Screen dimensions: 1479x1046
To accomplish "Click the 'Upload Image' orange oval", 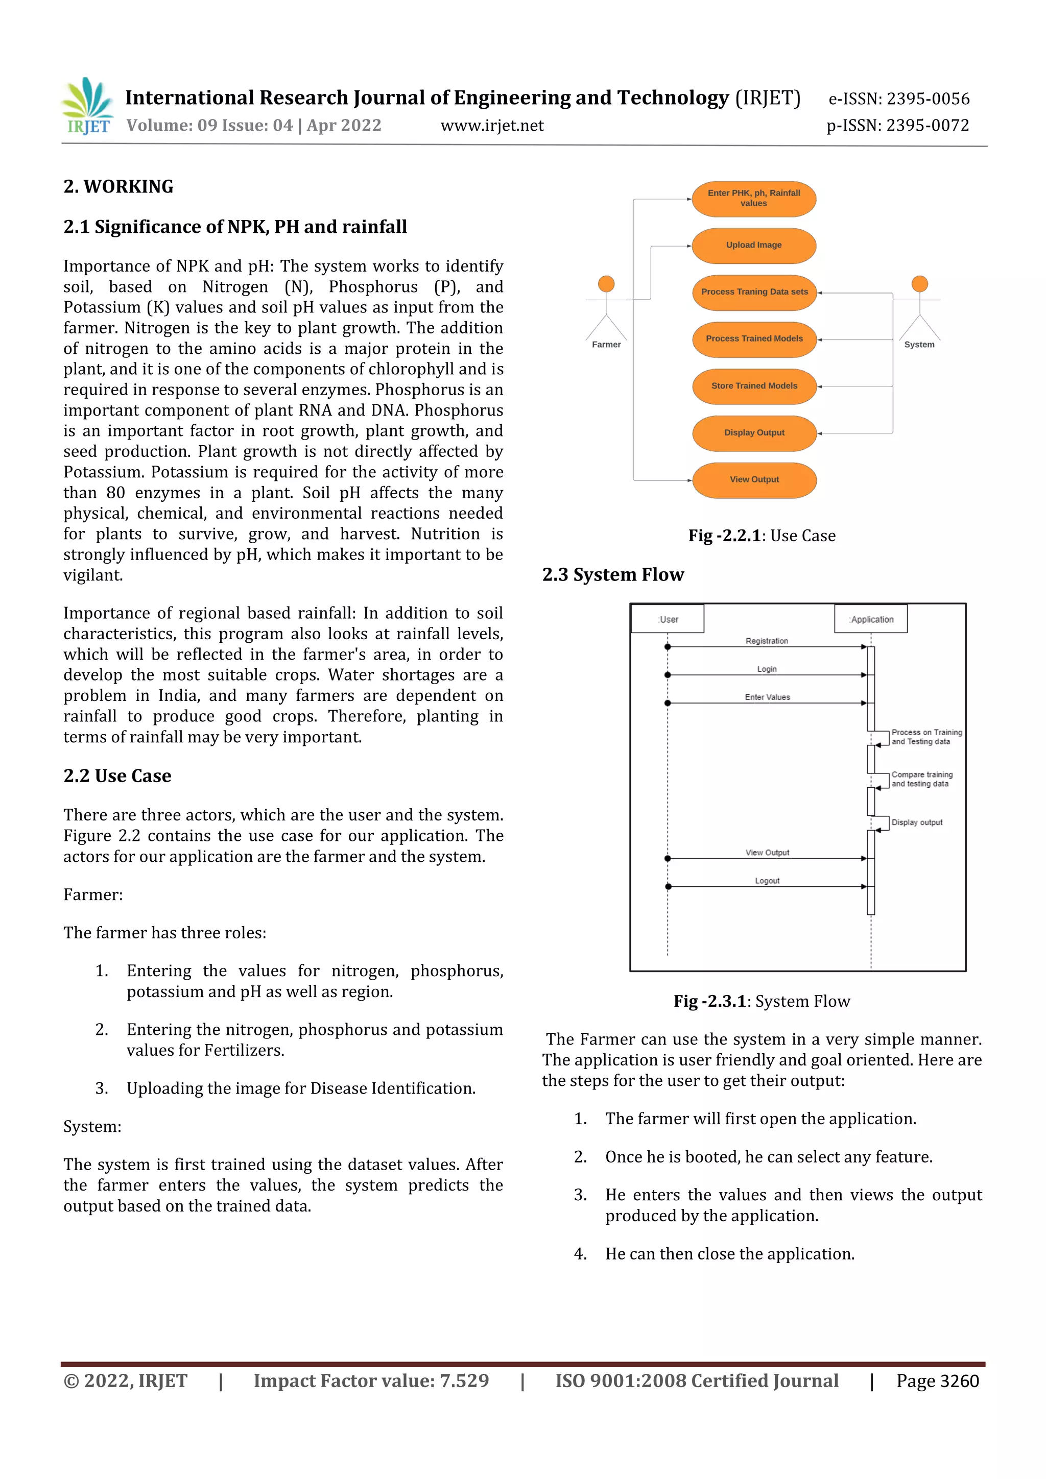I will click(753, 246).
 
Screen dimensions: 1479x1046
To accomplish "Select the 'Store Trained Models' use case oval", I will click(754, 386).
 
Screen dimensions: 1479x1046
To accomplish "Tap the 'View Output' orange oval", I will click(754, 480).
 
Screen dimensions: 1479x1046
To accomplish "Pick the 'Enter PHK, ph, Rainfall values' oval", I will click(753, 199).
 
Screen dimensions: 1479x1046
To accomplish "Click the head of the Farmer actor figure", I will click(606, 283).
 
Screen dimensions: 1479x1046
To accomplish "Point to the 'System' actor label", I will click(919, 345).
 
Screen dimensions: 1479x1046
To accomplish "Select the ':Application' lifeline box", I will click(871, 619).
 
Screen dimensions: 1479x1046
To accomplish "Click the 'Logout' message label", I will click(767, 881).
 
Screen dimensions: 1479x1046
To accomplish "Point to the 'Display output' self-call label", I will click(916, 822).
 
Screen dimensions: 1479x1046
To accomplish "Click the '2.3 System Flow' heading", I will click(612, 574).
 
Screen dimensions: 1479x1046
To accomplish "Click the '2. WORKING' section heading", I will click(118, 187).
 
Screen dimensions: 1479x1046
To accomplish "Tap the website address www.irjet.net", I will click(492, 126).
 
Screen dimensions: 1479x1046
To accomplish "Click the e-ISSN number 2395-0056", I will click(928, 99).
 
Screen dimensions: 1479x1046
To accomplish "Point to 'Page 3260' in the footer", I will click(937, 1381).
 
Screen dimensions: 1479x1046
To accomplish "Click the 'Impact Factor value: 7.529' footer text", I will click(371, 1381).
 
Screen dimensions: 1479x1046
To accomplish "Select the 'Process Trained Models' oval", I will click(754, 339).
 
